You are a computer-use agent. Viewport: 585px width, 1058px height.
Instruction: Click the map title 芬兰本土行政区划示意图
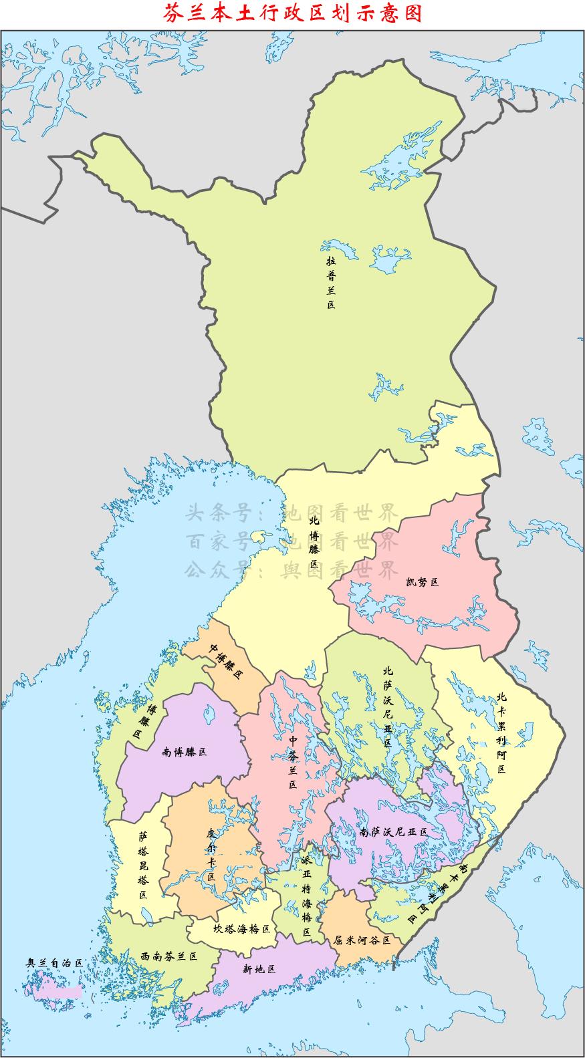293,13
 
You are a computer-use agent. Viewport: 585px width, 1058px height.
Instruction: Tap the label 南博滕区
185,752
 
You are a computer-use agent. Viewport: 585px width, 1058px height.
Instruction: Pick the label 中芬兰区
292,762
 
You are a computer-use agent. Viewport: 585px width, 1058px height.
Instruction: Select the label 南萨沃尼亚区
393,832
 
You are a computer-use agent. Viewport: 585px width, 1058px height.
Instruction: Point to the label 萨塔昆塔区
143,864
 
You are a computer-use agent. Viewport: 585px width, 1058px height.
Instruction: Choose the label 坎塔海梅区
241,928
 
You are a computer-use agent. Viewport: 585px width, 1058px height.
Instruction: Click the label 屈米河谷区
362,940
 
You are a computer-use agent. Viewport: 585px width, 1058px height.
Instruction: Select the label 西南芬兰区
169,956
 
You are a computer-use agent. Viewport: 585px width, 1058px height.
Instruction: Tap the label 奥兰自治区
54,962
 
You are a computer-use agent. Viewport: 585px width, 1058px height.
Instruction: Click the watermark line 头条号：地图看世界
291,513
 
